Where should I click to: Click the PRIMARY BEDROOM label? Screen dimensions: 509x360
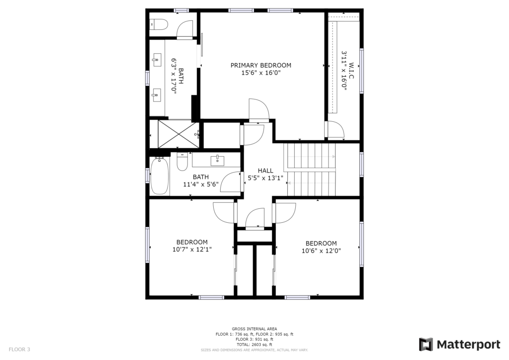point(260,65)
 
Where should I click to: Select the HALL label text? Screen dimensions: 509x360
point(265,171)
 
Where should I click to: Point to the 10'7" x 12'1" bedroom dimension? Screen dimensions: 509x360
point(192,249)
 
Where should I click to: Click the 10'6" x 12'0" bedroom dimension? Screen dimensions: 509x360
point(321,251)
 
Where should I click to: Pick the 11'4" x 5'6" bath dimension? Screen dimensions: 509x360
point(201,184)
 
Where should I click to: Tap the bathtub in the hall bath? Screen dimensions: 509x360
point(160,176)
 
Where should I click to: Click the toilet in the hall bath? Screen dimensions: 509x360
point(182,161)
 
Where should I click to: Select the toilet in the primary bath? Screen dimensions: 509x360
point(158,24)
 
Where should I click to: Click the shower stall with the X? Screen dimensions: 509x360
point(178,133)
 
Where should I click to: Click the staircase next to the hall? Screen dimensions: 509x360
point(311,170)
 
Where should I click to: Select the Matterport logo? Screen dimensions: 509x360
point(459,345)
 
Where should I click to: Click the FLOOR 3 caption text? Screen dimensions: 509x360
point(19,349)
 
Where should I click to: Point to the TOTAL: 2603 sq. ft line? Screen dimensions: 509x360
point(254,345)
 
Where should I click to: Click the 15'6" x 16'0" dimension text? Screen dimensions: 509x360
point(260,73)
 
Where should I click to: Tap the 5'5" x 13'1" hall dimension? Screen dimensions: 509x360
point(265,178)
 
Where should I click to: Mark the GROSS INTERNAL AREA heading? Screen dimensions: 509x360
point(254,329)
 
